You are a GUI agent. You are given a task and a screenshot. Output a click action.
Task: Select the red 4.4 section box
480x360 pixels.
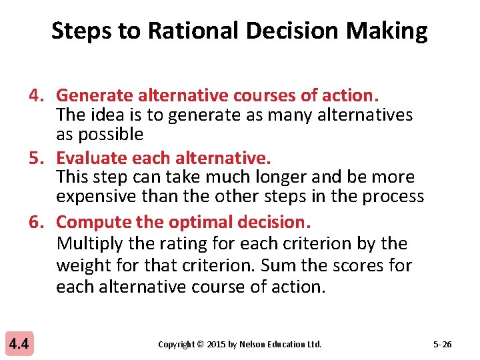point(18,344)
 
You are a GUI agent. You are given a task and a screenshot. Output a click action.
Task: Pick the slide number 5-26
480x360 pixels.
point(442,345)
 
